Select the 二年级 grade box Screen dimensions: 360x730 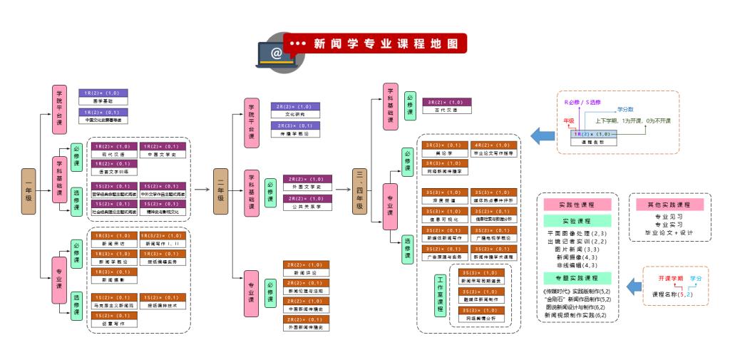click(x=222, y=190)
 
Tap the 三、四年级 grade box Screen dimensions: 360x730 click(x=360, y=190)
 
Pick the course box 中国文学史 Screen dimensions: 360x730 click(x=164, y=150)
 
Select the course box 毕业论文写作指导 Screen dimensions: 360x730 click(x=493, y=149)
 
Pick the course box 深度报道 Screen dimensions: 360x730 click(x=444, y=197)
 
